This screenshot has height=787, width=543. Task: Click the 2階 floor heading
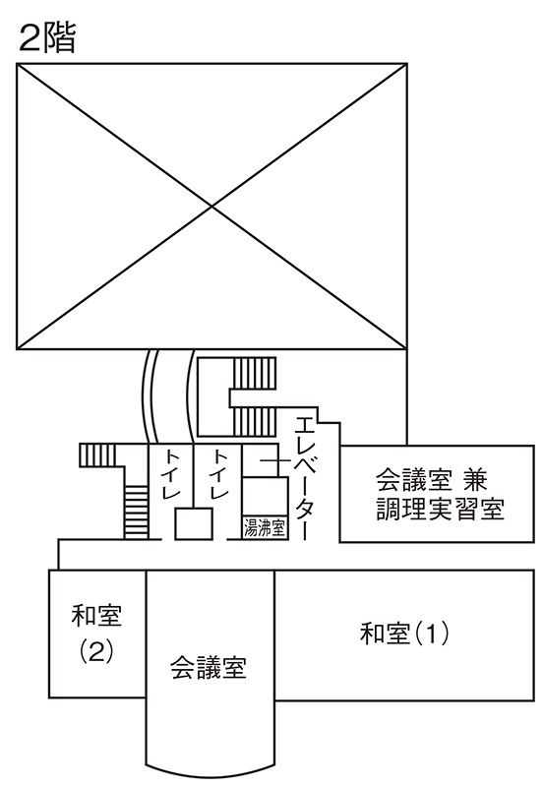(x=46, y=38)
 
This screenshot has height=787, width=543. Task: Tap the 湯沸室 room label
(x=265, y=528)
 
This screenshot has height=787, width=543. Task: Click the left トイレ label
(x=171, y=474)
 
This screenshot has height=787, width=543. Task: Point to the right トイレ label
(x=219, y=474)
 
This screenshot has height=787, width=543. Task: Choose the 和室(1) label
(x=404, y=634)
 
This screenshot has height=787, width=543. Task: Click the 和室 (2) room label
(x=96, y=634)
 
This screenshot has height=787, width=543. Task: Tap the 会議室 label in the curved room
(x=209, y=668)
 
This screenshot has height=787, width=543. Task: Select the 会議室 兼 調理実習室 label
(x=440, y=495)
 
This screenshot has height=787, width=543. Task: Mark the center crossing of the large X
(x=211, y=206)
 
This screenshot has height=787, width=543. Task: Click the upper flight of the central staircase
(x=255, y=374)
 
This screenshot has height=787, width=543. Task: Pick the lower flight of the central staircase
(x=255, y=421)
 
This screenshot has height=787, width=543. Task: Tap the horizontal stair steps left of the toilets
(x=97, y=455)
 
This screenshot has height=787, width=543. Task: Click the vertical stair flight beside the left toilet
(x=136, y=512)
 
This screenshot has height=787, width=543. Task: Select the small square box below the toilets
(x=193, y=524)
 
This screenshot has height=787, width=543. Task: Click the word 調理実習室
(x=440, y=509)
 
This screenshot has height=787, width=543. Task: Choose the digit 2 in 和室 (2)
(x=96, y=652)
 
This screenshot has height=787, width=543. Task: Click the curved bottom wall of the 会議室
(x=211, y=773)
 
